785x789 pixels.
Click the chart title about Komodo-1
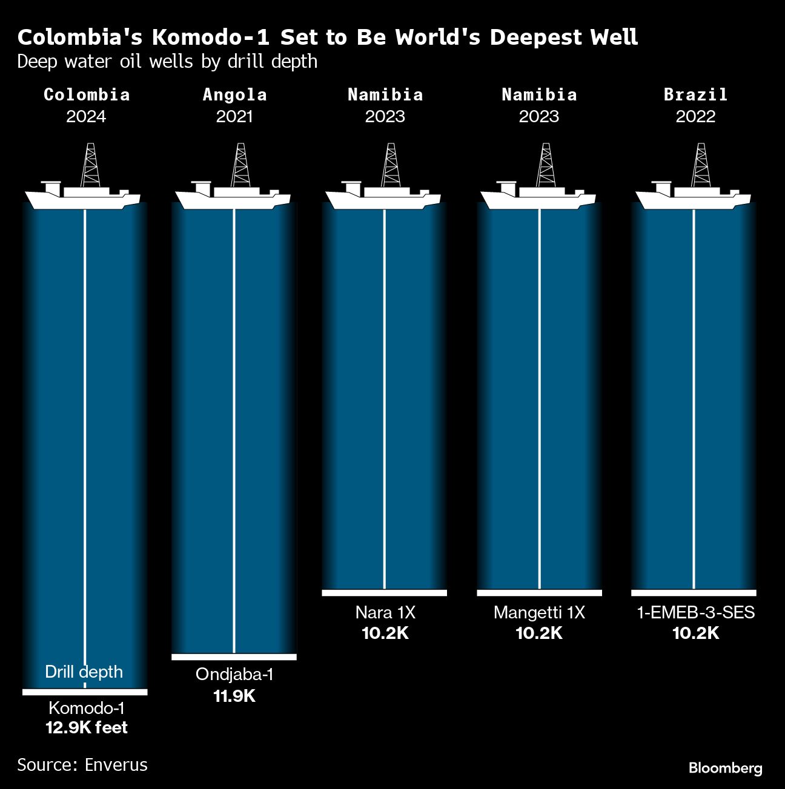coord(327,38)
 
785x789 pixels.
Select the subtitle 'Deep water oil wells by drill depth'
coord(167,62)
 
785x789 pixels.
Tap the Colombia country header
coord(87,94)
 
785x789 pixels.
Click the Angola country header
coord(234,94)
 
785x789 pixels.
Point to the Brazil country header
coord(695,94)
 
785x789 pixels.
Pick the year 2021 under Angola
coord(234,116)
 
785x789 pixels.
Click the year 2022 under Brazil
coord(695,116)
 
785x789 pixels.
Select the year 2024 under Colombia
coord(86,116)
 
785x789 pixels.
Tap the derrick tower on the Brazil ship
coord(701,165)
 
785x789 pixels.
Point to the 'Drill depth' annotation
coord(84,672)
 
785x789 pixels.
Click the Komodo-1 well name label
coord(86,708)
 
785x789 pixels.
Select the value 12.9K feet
coord(87,727)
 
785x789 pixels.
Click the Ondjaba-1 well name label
coord(234,674)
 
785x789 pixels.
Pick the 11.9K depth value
coord(234,696)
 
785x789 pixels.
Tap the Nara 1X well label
coord(385,612)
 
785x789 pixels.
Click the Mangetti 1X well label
coord(539,612)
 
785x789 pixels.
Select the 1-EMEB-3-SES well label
coord(695,612)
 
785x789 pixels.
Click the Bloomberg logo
coord(725,768)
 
